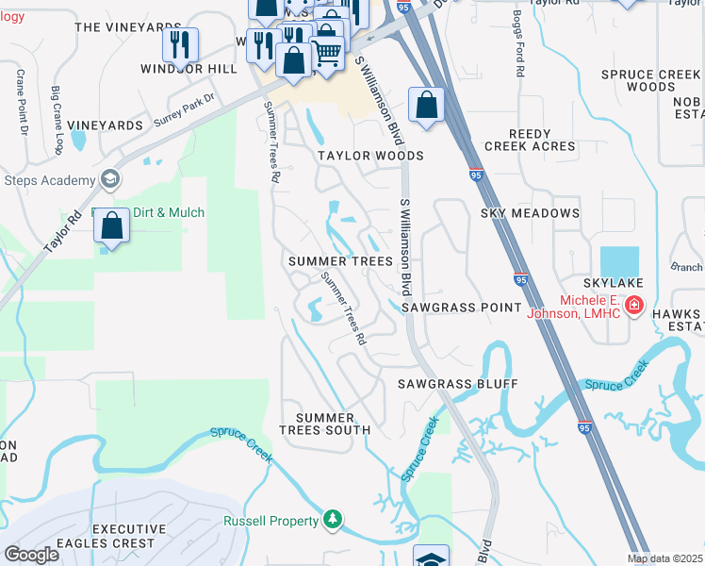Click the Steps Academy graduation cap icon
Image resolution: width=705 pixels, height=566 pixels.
click(110, 180)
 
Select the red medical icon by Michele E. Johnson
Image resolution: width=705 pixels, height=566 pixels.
click(634, 306)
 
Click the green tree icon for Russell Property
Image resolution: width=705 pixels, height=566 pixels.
click(332, 520)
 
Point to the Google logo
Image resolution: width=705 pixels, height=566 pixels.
click(31, 555)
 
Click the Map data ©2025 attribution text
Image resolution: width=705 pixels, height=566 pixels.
click(665, 558)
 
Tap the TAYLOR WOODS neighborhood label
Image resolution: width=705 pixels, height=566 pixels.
click(369, 156)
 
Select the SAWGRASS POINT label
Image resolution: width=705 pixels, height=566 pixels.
click(461, 308)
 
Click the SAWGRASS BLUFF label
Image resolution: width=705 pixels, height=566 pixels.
click(457, 384)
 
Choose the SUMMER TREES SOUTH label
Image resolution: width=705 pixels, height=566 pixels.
click(325, 424)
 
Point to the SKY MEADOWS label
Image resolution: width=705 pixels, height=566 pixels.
click(530, 213)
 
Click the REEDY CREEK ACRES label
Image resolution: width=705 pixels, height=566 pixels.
click(529, 141)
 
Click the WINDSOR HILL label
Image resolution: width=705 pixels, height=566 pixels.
click(189, 69)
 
